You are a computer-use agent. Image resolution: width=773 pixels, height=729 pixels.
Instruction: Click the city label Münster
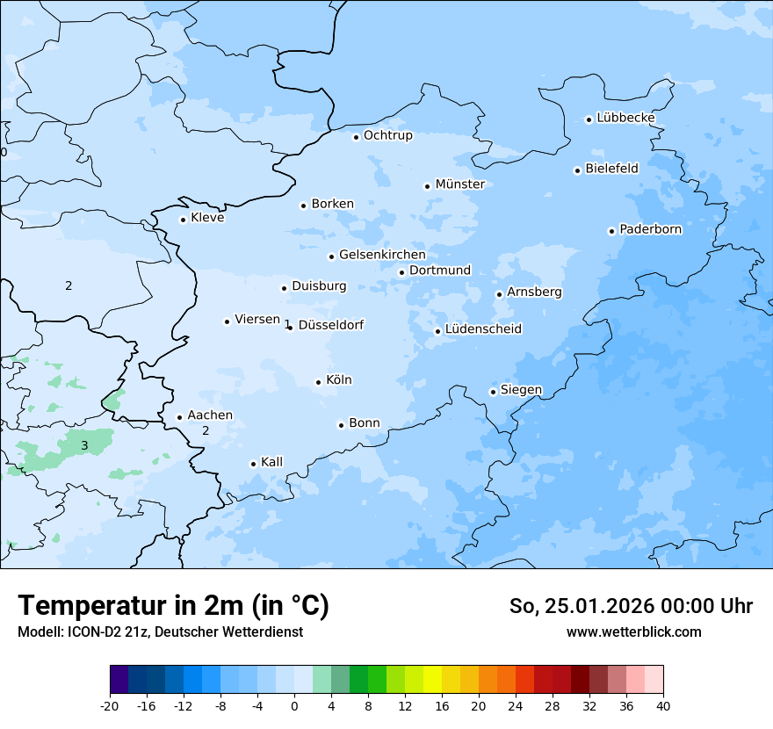click(x=460, y=184)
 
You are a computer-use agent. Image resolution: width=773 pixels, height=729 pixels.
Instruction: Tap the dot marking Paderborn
click(x=611, y=231)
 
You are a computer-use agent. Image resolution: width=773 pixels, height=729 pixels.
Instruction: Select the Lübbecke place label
click(x=625, y=118)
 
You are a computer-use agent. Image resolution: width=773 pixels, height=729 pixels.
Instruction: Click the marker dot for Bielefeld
click(x=578, y=170)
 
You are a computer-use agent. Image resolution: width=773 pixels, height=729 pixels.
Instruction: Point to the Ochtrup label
click(x=387, y=135)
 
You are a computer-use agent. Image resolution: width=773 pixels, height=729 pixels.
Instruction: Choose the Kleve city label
click(x=207, y=218)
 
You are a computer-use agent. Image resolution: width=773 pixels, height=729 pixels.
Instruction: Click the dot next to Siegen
click(x=494, y=392)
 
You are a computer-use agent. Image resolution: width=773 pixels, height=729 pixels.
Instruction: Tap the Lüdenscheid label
click(x=483, y=329)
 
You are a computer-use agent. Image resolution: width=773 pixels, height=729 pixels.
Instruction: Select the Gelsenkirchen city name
click(x=382, y=255)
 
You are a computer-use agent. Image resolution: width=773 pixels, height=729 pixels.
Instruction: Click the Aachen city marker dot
click(x=179, y=418)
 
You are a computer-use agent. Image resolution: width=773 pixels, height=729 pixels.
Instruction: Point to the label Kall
click(x=272, y=462)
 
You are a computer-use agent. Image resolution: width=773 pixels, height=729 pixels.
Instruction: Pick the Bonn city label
click(x=365, y=423)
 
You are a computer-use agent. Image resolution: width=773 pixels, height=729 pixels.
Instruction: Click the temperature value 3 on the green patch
click(x=84, y=446)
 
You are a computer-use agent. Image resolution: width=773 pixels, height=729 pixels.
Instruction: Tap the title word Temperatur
click(x=87, y=606)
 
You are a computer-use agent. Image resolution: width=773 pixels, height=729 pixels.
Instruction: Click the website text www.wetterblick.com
click(x=633, y=632)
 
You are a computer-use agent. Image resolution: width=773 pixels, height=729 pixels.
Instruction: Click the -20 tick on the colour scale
click(x=110, y=706)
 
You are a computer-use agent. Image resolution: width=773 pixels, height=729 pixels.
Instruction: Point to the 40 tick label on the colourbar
click(x=663, y=706)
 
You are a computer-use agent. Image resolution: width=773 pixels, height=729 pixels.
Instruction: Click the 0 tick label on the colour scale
click(x=294, y=706)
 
